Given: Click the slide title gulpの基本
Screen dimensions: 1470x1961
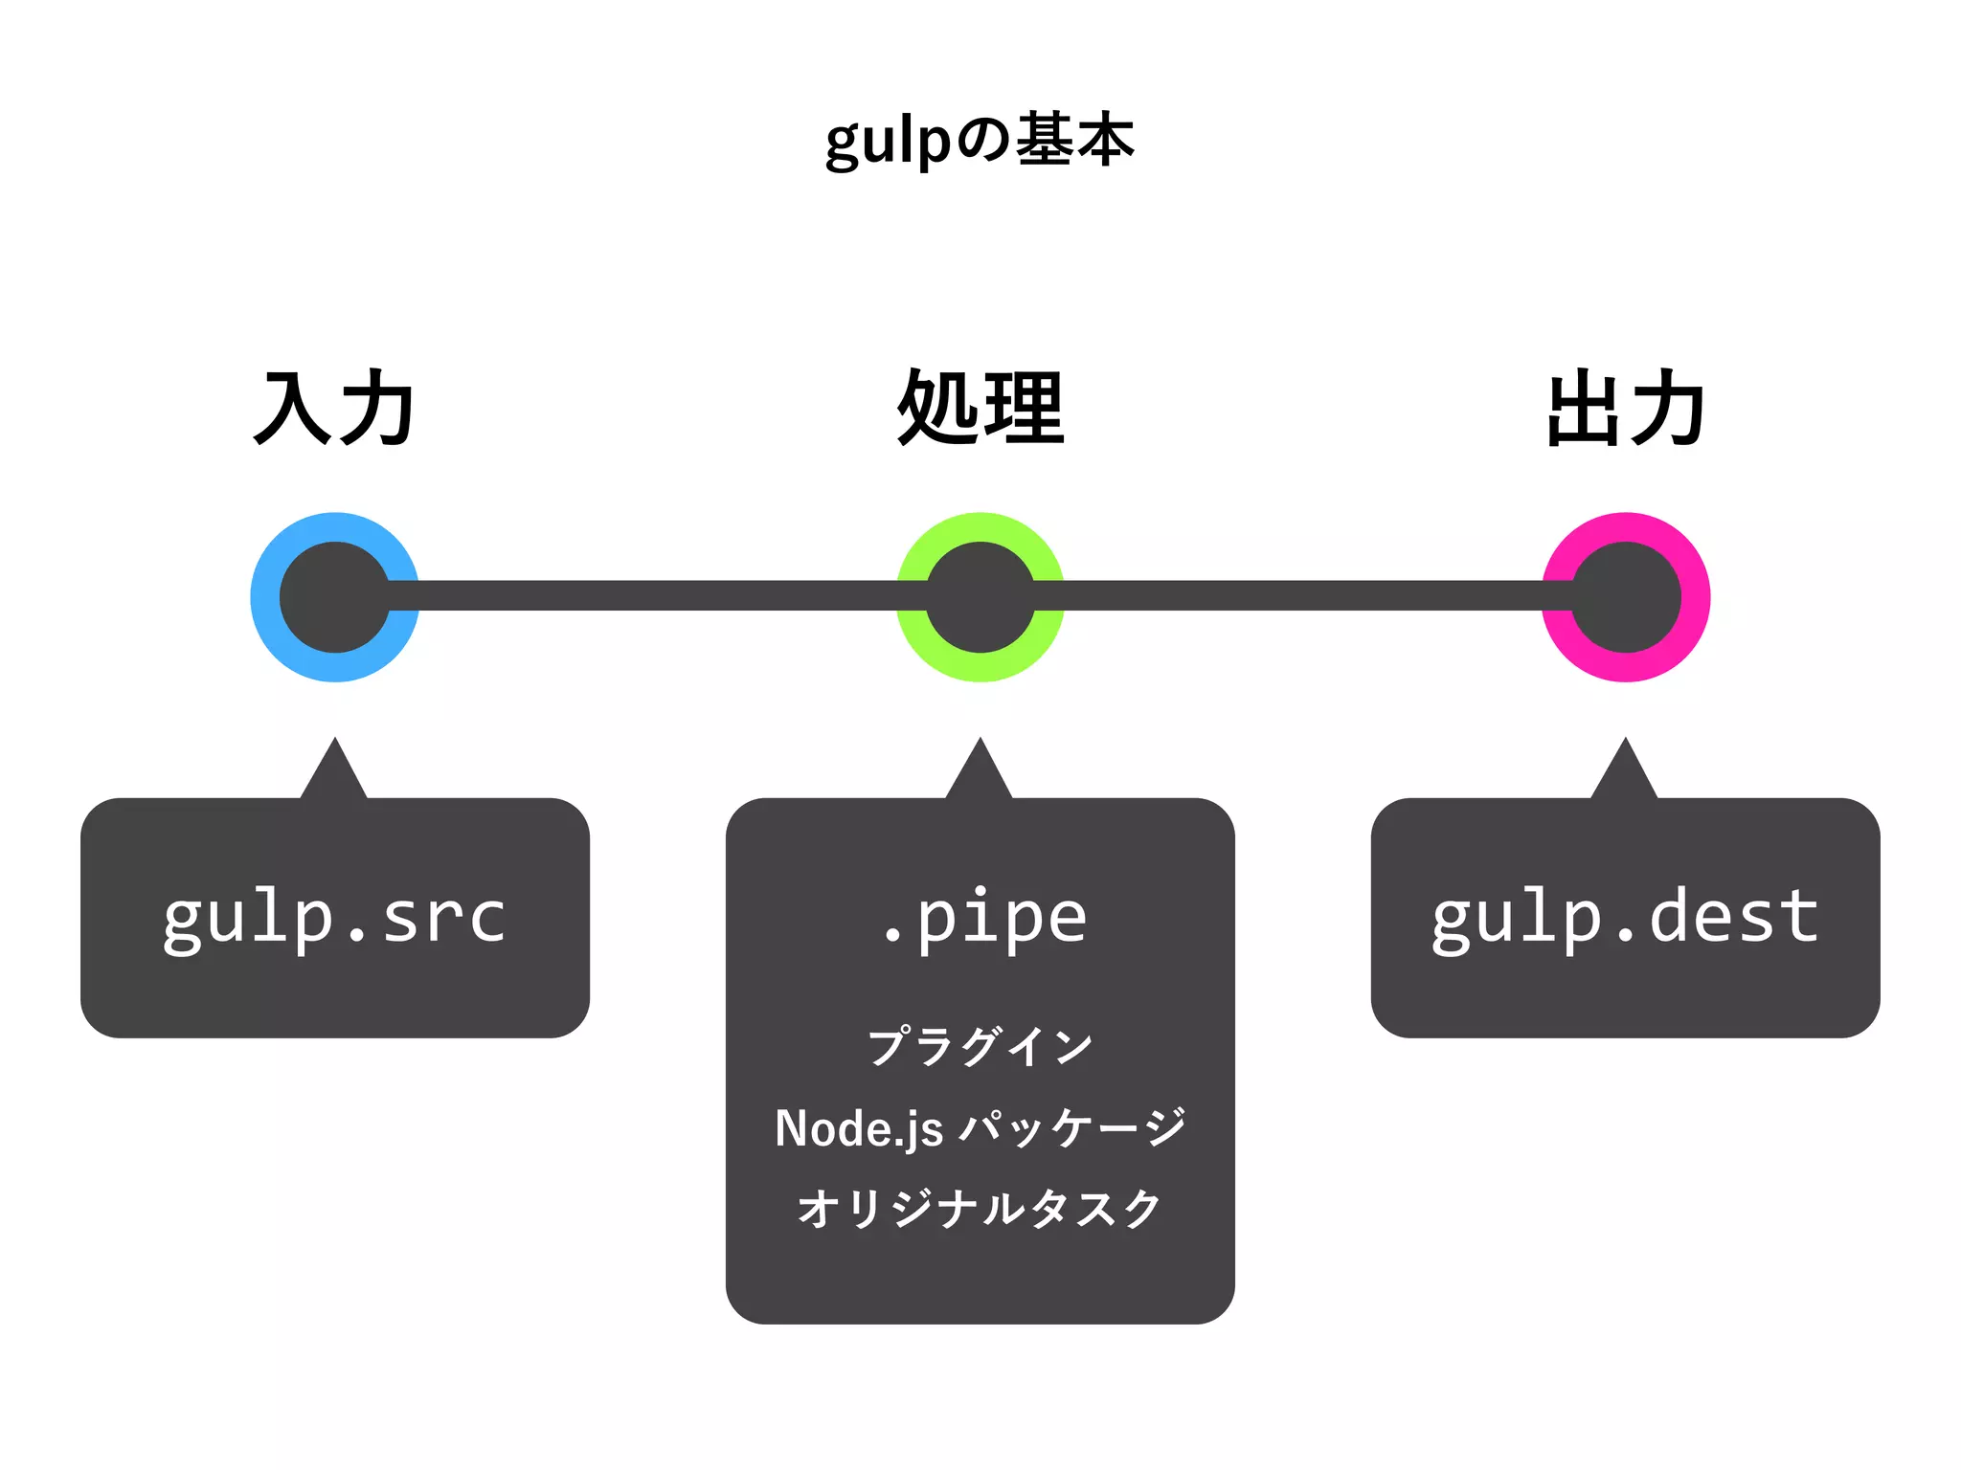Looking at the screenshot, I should tap(980, 141).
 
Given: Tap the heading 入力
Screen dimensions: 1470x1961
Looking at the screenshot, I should tap(334, 409).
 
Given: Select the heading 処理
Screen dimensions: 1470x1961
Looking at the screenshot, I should tap(980, 409).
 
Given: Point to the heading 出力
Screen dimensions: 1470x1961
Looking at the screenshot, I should tap(1626, 409).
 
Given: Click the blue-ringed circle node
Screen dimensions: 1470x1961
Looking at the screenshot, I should tap(335, 597).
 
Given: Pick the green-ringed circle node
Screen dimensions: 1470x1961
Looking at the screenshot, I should tap(980, 597).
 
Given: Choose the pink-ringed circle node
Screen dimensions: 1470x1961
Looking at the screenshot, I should tap(1626, 597).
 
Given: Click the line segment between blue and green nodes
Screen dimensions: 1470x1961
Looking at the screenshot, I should tap(657, 595).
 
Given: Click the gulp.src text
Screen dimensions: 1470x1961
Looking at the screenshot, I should tap(334, 918).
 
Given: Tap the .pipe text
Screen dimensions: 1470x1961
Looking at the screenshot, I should tap(983, 918).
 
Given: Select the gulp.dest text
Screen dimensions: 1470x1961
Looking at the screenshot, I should tap(1625, 918).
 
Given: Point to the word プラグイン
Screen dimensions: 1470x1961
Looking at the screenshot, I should tap(980, 1046).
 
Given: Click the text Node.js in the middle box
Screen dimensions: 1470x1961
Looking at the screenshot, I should tap(859, 1128).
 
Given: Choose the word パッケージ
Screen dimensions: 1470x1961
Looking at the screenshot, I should tap(1072, 1128).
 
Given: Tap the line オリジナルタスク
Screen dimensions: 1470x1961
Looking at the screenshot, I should tap(980, 1209).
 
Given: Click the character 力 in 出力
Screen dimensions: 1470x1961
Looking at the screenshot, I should tap(1668, 409).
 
